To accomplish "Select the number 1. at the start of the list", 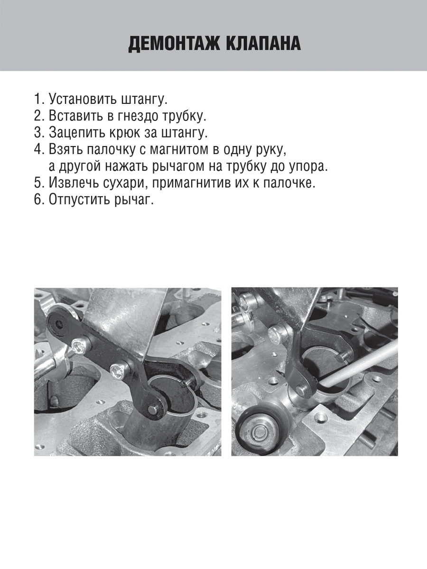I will pos(39,100).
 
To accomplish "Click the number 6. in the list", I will pos(39,200).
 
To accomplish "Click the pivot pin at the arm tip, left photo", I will pos(152,409).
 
